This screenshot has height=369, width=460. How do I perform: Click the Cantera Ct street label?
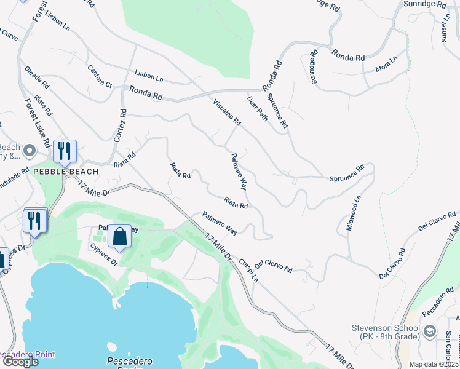100,76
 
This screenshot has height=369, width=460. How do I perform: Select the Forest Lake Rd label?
38,123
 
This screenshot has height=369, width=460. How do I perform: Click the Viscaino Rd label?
226,112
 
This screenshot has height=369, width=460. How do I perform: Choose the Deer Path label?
257,108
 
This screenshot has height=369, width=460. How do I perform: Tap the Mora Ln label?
386,64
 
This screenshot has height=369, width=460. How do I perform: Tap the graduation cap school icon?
430,332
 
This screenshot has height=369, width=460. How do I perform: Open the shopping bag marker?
120,236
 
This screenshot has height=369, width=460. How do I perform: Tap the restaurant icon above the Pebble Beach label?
64,150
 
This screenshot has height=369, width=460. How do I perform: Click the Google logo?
20,362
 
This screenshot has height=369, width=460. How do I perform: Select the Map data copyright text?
434,364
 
